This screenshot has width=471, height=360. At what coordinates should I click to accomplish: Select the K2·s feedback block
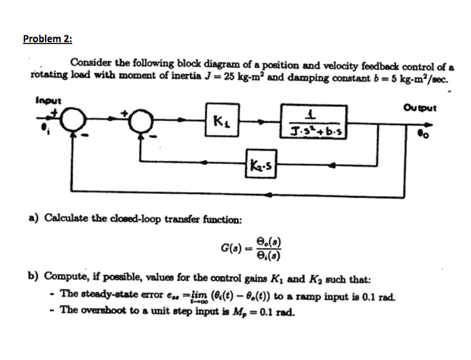coord(261,164)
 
